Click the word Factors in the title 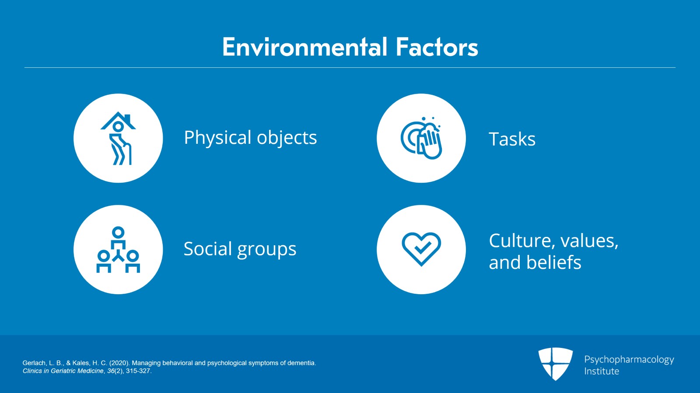pos(437,47)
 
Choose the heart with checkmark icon pos(421,249)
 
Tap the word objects pos(287,138)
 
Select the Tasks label pos(512,139)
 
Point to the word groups pos(266,250)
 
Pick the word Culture pos(522,241)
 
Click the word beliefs pos(554,262)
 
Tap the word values pos(589,241)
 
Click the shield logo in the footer pos(556,364)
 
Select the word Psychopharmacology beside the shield pos(629,360)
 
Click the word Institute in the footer pos(602,371)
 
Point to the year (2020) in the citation pos(119,363)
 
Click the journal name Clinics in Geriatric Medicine pos(63,371)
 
